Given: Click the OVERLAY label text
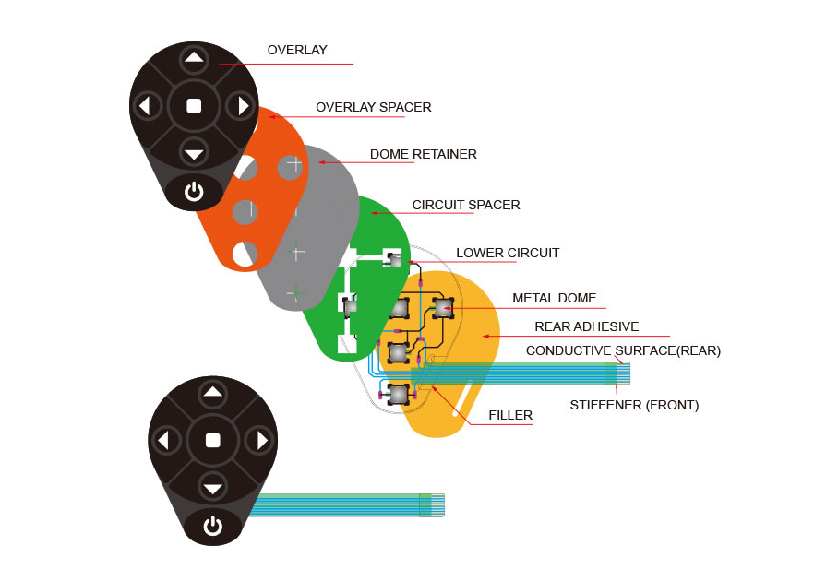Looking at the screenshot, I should point(297,50).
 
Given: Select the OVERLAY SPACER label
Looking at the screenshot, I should point(373,107).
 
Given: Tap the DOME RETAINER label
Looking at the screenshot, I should point(423,154).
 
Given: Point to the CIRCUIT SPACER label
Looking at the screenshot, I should point(465,205).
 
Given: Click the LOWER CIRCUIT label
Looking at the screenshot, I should point(508,253).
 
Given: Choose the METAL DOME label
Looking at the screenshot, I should point(554,298).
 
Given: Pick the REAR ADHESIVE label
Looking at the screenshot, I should point(586,326).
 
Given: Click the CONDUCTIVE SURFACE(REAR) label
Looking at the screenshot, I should point(623,350).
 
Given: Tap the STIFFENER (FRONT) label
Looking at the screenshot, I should point(634,405).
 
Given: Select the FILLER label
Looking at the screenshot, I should point(510,415).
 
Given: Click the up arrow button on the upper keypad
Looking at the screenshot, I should point(194,58).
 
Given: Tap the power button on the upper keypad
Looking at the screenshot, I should point(194,192).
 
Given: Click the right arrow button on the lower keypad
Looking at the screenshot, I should point(262,441).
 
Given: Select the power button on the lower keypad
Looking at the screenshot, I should point(213,527).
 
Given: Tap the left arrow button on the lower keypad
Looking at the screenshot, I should point(164,441).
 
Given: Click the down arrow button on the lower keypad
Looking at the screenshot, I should point(213,488).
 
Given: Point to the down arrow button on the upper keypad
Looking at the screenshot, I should point(194,153).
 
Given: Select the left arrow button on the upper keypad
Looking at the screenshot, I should point(145,106).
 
